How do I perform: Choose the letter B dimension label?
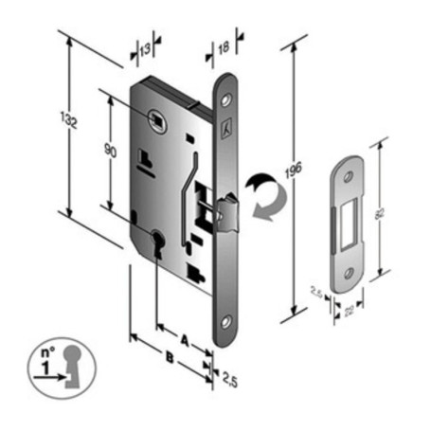169,358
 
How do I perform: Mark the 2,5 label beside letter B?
228,379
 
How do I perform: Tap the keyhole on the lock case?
156,243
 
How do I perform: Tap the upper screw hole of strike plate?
350,176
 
